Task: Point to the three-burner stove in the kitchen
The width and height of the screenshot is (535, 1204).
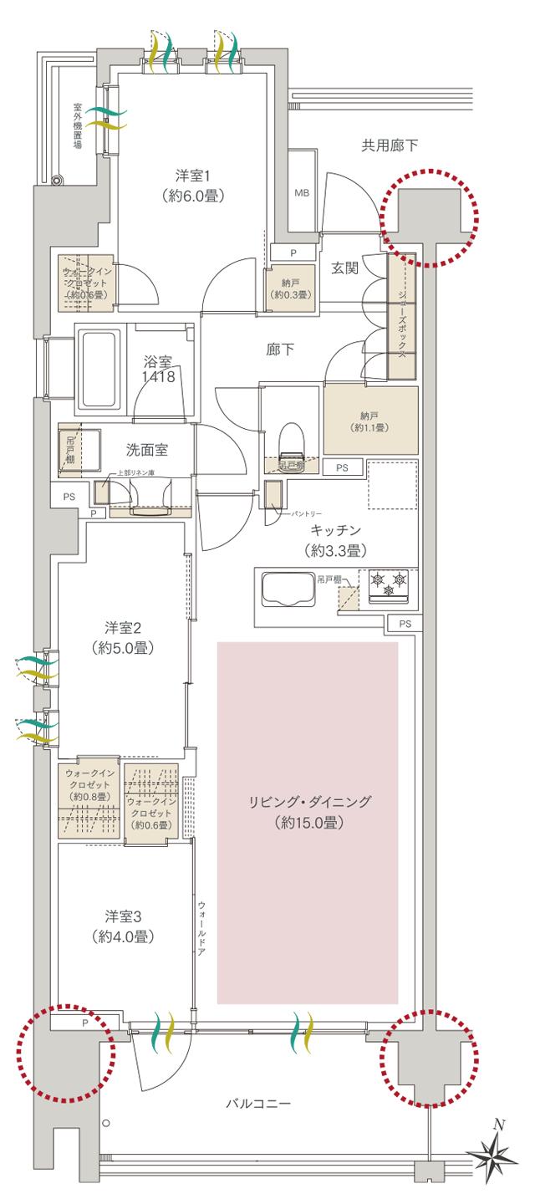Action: point(387,583)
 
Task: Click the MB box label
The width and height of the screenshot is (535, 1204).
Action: point(302,193)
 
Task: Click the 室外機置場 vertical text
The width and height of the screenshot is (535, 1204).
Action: point(77,126)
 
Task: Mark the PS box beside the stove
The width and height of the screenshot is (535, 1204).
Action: point(405,624)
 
